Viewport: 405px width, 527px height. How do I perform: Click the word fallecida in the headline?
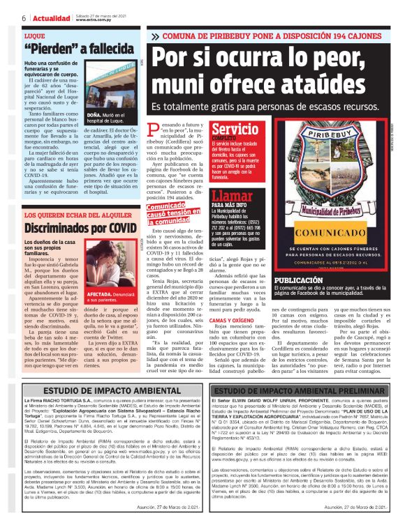point(103,48)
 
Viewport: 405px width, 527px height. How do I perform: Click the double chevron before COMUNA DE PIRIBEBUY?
point(155,36)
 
